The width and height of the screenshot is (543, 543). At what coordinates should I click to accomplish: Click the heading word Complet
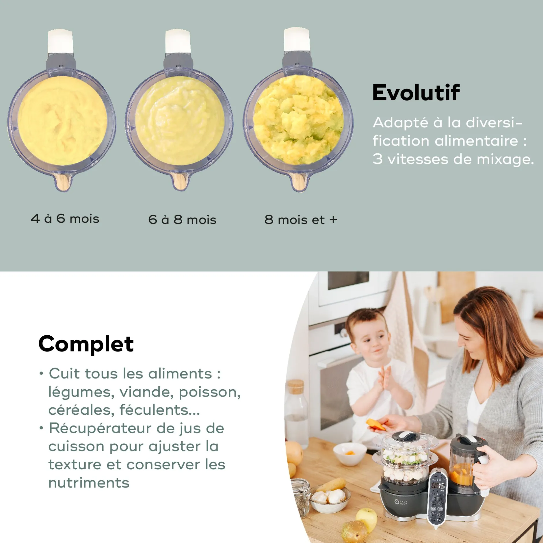[x=86, y=344]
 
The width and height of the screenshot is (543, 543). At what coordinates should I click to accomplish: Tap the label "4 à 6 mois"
[x=65, y=219]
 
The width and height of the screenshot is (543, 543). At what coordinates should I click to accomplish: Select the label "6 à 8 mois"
[x=182, y=220]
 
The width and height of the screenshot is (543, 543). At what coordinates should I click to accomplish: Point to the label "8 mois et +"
[x=301, y=220]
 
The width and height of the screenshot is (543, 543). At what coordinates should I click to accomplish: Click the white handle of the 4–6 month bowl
[x=60, y=41]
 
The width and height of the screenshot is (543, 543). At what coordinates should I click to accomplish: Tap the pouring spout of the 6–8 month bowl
[x=180, y=181]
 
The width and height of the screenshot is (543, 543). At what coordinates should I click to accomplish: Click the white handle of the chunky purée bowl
[x=297, y=40]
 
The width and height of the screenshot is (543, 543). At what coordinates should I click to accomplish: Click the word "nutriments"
[x=89, y=483]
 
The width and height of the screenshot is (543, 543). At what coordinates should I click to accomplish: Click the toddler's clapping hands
[x=386, y=378]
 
